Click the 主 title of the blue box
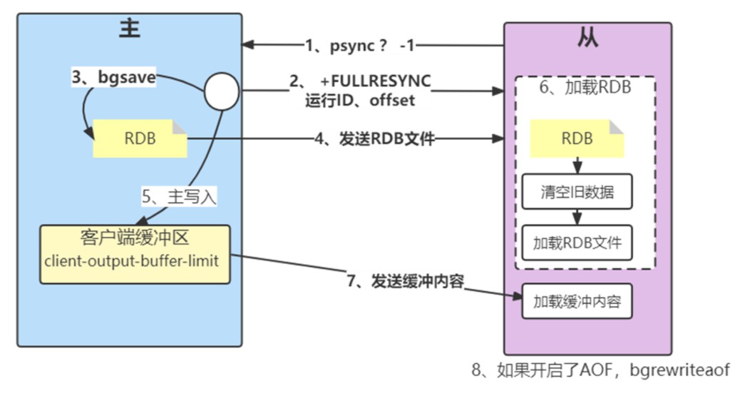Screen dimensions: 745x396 pyautogui.click(x=130, y=29)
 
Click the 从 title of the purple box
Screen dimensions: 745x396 pyautogui.click(x=587, y=36)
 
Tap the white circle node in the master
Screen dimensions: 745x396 pyautogui.click(x=222, y=92)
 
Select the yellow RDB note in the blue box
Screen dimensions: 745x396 pyautogui.click(x=140, y=138)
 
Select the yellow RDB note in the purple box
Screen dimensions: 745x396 pyautogui.click(x=577, y=138)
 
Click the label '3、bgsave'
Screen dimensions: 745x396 pyautogui.click(x=113, y=76)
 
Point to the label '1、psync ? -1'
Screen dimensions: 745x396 pyautogui.click(x=360, y=46)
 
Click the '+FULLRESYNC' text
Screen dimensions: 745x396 pyautogui.click(x=375, y=81)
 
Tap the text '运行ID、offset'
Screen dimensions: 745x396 pyautogui.click(x=360, y=101)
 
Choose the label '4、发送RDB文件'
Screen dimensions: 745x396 pyautogui.click(x=374, y=139)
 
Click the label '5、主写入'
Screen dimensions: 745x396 pyautogui.click(x=179, y=196)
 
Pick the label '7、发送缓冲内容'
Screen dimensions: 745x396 pyautogui.click(x=405, y=281)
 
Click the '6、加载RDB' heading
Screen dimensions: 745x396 pyautogui.click(x=585, y=88)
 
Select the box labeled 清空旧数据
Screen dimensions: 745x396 pyautogui.click(x=577, y=192)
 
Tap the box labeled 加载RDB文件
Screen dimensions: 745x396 pyautogui.click(x=577, y=243)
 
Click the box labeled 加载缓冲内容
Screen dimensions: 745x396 pyautogui.click(x=577, y=301)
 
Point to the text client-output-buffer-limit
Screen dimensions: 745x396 pyautogui.click(x=132, y=261)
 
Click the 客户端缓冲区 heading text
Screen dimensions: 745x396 pyautogui.click(x=135, y=237)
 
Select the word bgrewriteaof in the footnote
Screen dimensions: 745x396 pyautogui.click(x=679, y=370)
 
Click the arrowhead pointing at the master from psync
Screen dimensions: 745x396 pyautogui.click(x=248, y=45)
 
